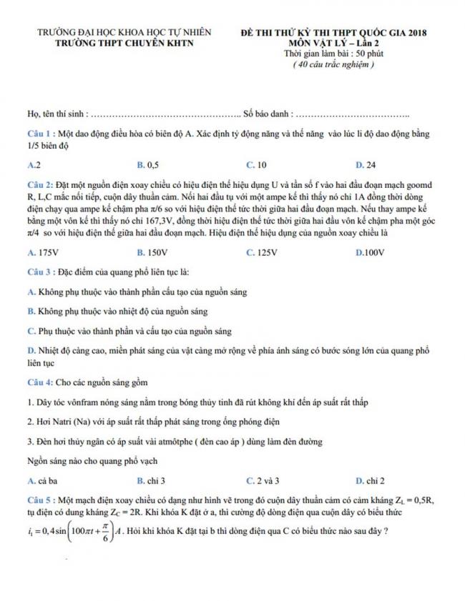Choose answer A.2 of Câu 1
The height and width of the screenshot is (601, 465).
click(33, 164)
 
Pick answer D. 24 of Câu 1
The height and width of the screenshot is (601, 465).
click(365, 164)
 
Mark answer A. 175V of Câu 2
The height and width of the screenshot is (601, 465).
click(41, 252)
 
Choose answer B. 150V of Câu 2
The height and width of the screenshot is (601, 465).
click(152, 252)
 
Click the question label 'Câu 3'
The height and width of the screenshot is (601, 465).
click(39, 272)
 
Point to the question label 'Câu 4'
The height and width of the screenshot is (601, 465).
click(39, 382)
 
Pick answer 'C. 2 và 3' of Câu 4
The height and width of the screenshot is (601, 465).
click(263, 480)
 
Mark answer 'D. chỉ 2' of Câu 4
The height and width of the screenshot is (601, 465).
click(371, 480)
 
